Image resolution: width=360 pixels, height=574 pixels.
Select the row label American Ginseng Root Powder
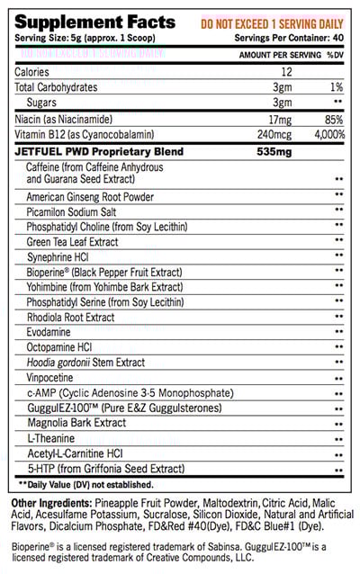point(90,197)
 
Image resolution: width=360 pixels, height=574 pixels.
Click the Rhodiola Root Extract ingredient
point(71,317)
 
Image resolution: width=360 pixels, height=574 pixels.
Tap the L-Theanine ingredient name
point(49,438)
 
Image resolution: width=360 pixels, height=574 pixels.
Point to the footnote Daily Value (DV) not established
point(85,484)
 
